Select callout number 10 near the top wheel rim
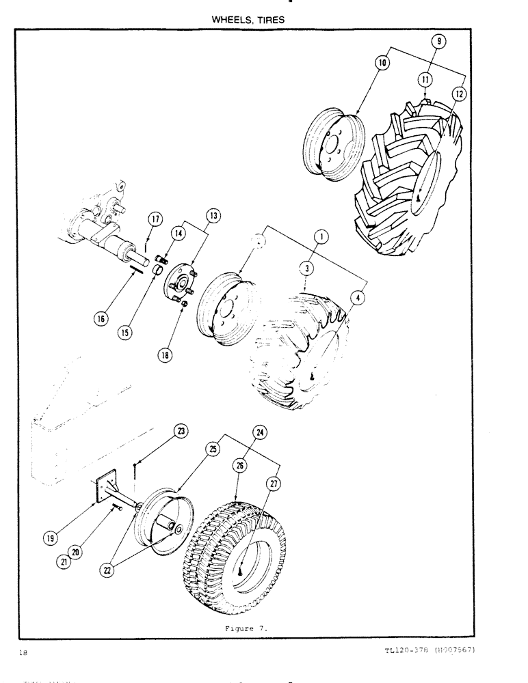pos(381,64)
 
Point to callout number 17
pos(155,220)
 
